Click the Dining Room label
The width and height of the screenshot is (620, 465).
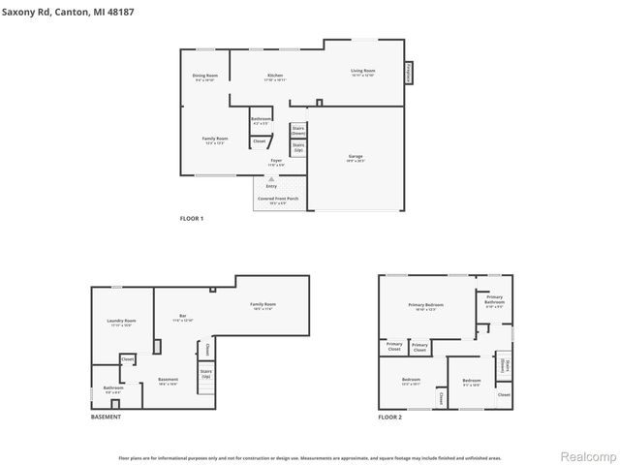204,76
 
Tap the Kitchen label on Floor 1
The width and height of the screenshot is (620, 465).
275,76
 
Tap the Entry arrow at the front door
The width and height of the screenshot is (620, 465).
271,179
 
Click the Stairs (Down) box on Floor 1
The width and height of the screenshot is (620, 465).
298,130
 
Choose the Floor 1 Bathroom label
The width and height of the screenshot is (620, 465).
262,120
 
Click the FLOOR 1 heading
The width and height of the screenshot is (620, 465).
192,219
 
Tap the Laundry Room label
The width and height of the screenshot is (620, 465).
121,322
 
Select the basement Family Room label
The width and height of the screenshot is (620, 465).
263,305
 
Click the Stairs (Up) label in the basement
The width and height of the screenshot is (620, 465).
205,373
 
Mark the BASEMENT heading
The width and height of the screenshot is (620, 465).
106,417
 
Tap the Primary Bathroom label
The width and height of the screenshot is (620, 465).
494,299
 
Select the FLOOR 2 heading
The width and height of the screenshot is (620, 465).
390,417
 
